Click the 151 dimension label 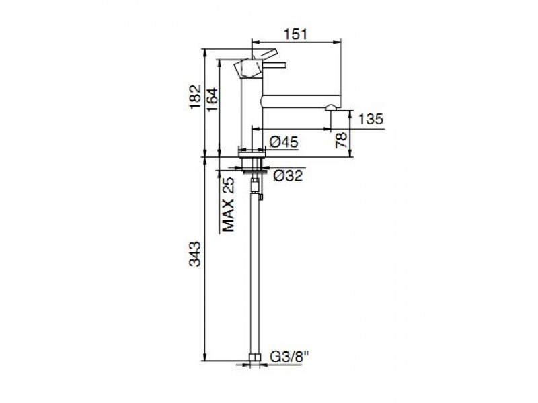296,34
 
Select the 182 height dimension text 195,97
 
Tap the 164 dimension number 213,99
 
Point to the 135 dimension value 371,119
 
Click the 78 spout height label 341,140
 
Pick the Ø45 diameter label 284,142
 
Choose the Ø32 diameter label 289,175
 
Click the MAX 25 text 228,205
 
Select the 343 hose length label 195,254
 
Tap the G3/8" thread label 290,357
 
